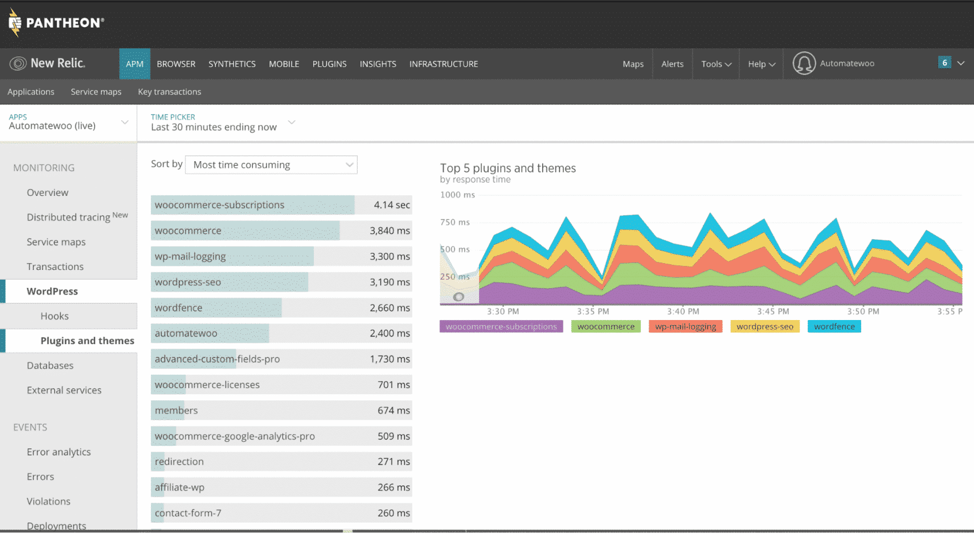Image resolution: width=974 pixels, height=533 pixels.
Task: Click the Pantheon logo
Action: pyautogui.click(x=56, y=23)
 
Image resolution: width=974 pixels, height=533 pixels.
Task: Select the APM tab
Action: pyautogui.click(x=134, y=64)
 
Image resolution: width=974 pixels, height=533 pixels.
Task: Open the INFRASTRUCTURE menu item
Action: pyautogui.click(x=443, y=64)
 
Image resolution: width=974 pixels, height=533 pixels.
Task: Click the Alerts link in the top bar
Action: pyautogui.click(x=672, y=64)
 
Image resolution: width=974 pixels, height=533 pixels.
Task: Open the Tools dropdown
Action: pyautogui.click(x=716, y=64)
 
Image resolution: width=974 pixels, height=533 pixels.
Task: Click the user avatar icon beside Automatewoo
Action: pyautogui.click(x=804, y=63)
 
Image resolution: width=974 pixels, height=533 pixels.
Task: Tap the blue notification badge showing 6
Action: pyautogui.click(x=944, y=63)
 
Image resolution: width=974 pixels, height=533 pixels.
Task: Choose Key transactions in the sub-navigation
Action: pyautogui.click(x=169, y=92)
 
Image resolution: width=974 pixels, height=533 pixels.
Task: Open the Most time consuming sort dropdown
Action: pyautogui.click(x=271, y=165)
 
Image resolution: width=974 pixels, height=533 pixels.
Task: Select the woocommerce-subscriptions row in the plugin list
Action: pyautogui.click(x=219, y=205)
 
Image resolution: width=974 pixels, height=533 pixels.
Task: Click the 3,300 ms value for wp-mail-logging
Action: pyautogui.click(x=390, y=256)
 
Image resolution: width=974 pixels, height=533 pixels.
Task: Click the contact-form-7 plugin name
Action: pyautogui.click(x=188, y=513)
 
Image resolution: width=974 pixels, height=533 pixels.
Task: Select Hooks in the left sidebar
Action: pyautogui.click(x=55, y=316)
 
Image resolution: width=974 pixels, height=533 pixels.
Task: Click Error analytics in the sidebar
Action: pyautogui.click(x=59, y=452)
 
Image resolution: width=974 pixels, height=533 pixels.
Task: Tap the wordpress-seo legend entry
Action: pyautogui.click(x=764, y=326)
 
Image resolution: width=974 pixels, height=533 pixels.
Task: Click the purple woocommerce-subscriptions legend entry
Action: pyautogui.click(x=501, y=326)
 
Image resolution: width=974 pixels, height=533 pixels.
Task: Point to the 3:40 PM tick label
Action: pyautogui.click(x=683, y=311)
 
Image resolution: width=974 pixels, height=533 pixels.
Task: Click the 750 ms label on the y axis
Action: pyautogui.click(x=455, y=222)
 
